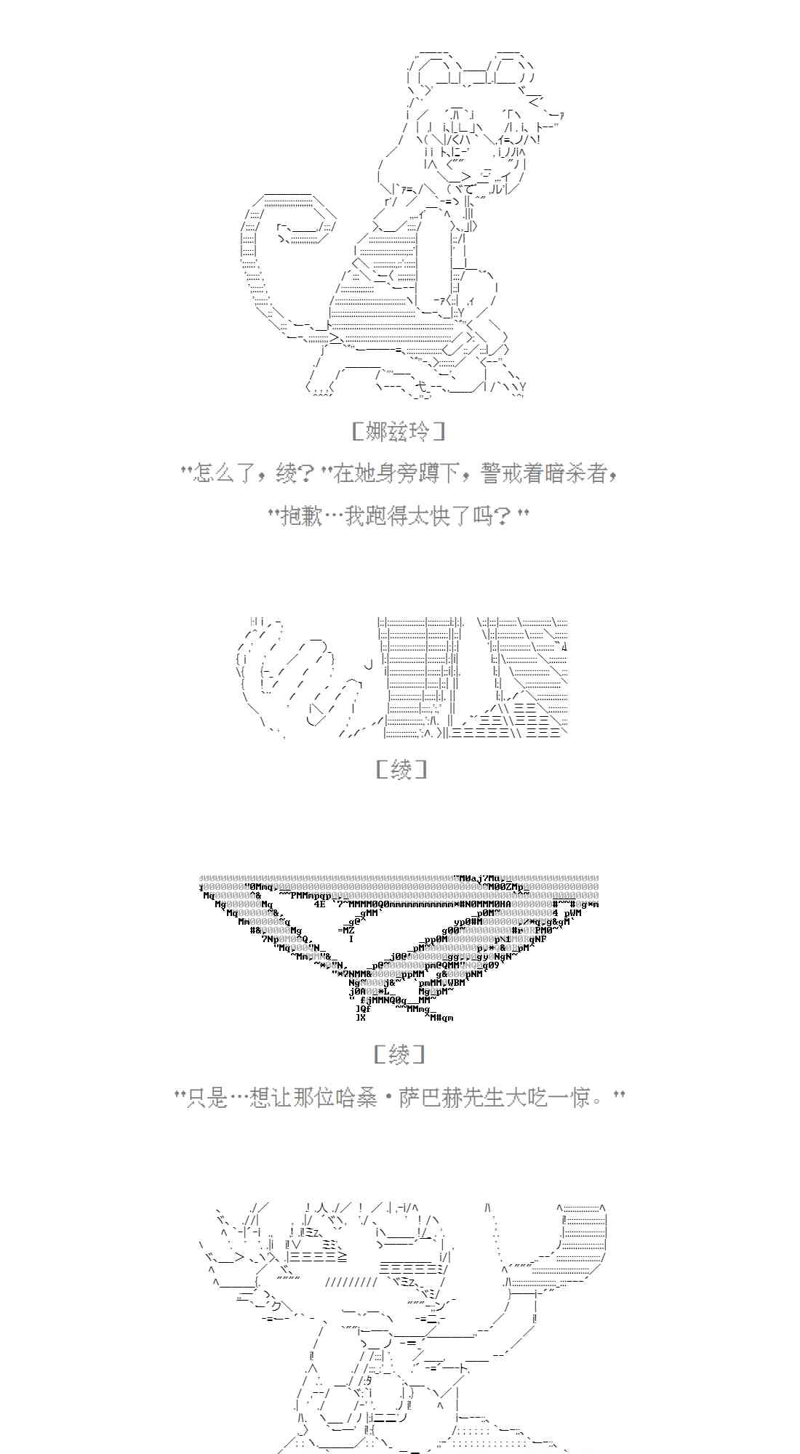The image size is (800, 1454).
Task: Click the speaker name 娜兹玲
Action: point(399,432)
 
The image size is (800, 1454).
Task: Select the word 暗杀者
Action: point(577,475)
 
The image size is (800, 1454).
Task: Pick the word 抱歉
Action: point(302,517)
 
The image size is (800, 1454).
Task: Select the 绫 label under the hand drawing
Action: point(401,769)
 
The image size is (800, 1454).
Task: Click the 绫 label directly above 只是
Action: point(399,1053)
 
